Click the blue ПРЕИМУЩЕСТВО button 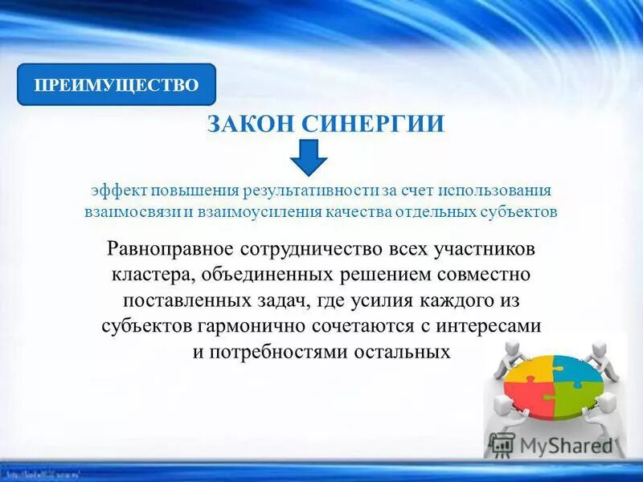click(x=117, y=85)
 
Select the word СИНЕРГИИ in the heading click(x=373, y=125)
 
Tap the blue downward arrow click(x=309, y=157)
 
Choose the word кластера click(x=149, y=275)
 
